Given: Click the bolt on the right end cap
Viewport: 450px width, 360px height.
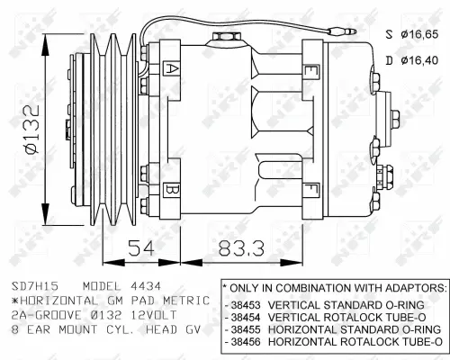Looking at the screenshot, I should point(397,116).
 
